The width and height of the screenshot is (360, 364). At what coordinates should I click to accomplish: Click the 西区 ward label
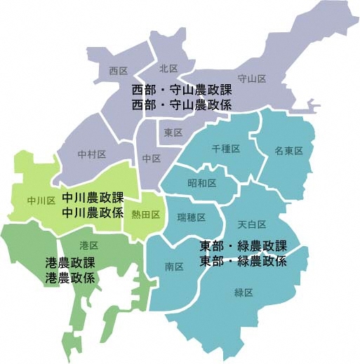click(118, 71)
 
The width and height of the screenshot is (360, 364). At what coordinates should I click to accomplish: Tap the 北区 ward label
click(168, 68)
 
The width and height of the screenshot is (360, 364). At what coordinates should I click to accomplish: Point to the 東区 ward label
click(173, 133)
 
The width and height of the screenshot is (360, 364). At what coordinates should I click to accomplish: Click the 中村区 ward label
click(91, 154)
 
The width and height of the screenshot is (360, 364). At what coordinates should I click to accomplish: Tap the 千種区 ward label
click(226, 149)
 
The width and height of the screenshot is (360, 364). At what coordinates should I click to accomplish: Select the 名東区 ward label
click(288, 151)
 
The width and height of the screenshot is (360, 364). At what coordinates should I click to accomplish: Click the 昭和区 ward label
click(201, 182)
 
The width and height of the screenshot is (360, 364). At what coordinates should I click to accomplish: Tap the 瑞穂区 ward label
click(191, 217)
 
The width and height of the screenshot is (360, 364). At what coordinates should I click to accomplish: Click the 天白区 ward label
click(251, 224)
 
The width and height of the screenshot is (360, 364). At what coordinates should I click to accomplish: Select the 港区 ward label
click(89, 245)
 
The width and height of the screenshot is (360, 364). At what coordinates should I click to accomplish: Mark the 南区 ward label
click(174, 267)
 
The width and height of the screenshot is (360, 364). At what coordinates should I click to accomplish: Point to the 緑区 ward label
click(244, 292)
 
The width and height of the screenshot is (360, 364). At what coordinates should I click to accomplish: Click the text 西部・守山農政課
click(182, 91)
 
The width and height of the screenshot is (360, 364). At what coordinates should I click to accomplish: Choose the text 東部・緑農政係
click(244, 261)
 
